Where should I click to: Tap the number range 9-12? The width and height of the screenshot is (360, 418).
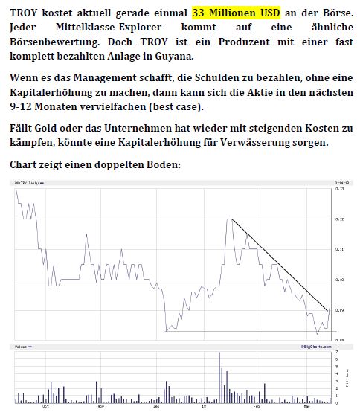coord(25,106)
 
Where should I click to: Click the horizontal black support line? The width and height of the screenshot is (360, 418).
coord(245,331)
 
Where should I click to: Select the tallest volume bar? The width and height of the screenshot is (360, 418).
coord(219,376)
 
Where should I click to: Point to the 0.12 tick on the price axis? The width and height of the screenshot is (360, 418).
coord(340,219)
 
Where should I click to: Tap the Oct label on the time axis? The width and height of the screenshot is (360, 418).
coord(46,407)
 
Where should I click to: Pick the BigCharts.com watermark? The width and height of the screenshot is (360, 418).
coord(315,346)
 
